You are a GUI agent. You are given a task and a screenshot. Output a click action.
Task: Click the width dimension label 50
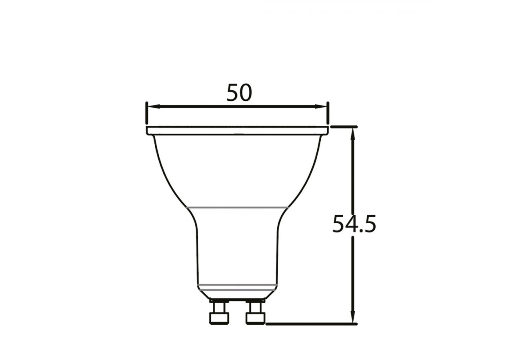pos(239,93)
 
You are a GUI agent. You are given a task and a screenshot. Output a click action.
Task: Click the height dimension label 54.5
pos(354,224)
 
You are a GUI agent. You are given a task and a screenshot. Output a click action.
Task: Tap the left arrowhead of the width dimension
pos(152,106)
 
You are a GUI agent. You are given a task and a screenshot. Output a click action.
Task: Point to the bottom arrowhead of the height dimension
pos(353,318)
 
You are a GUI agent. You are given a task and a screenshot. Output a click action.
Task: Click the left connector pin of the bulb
pos(219,313)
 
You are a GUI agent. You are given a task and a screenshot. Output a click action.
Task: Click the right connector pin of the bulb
pos(256,313)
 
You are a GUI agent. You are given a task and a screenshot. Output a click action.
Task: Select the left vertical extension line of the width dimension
pos(147,113)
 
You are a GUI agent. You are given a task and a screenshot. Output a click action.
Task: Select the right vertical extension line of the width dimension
pos(328,113)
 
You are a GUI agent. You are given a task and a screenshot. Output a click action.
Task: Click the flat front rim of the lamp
pos(238,131)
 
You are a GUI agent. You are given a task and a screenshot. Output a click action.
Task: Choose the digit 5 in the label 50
pos(232,93)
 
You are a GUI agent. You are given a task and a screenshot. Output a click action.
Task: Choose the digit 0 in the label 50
pos(246,93)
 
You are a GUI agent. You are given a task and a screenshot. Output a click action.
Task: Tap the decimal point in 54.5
pos(360,231)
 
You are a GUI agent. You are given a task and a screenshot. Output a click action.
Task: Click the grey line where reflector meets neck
pos(238,207)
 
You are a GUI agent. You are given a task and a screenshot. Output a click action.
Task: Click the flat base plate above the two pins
pos(238,299)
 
